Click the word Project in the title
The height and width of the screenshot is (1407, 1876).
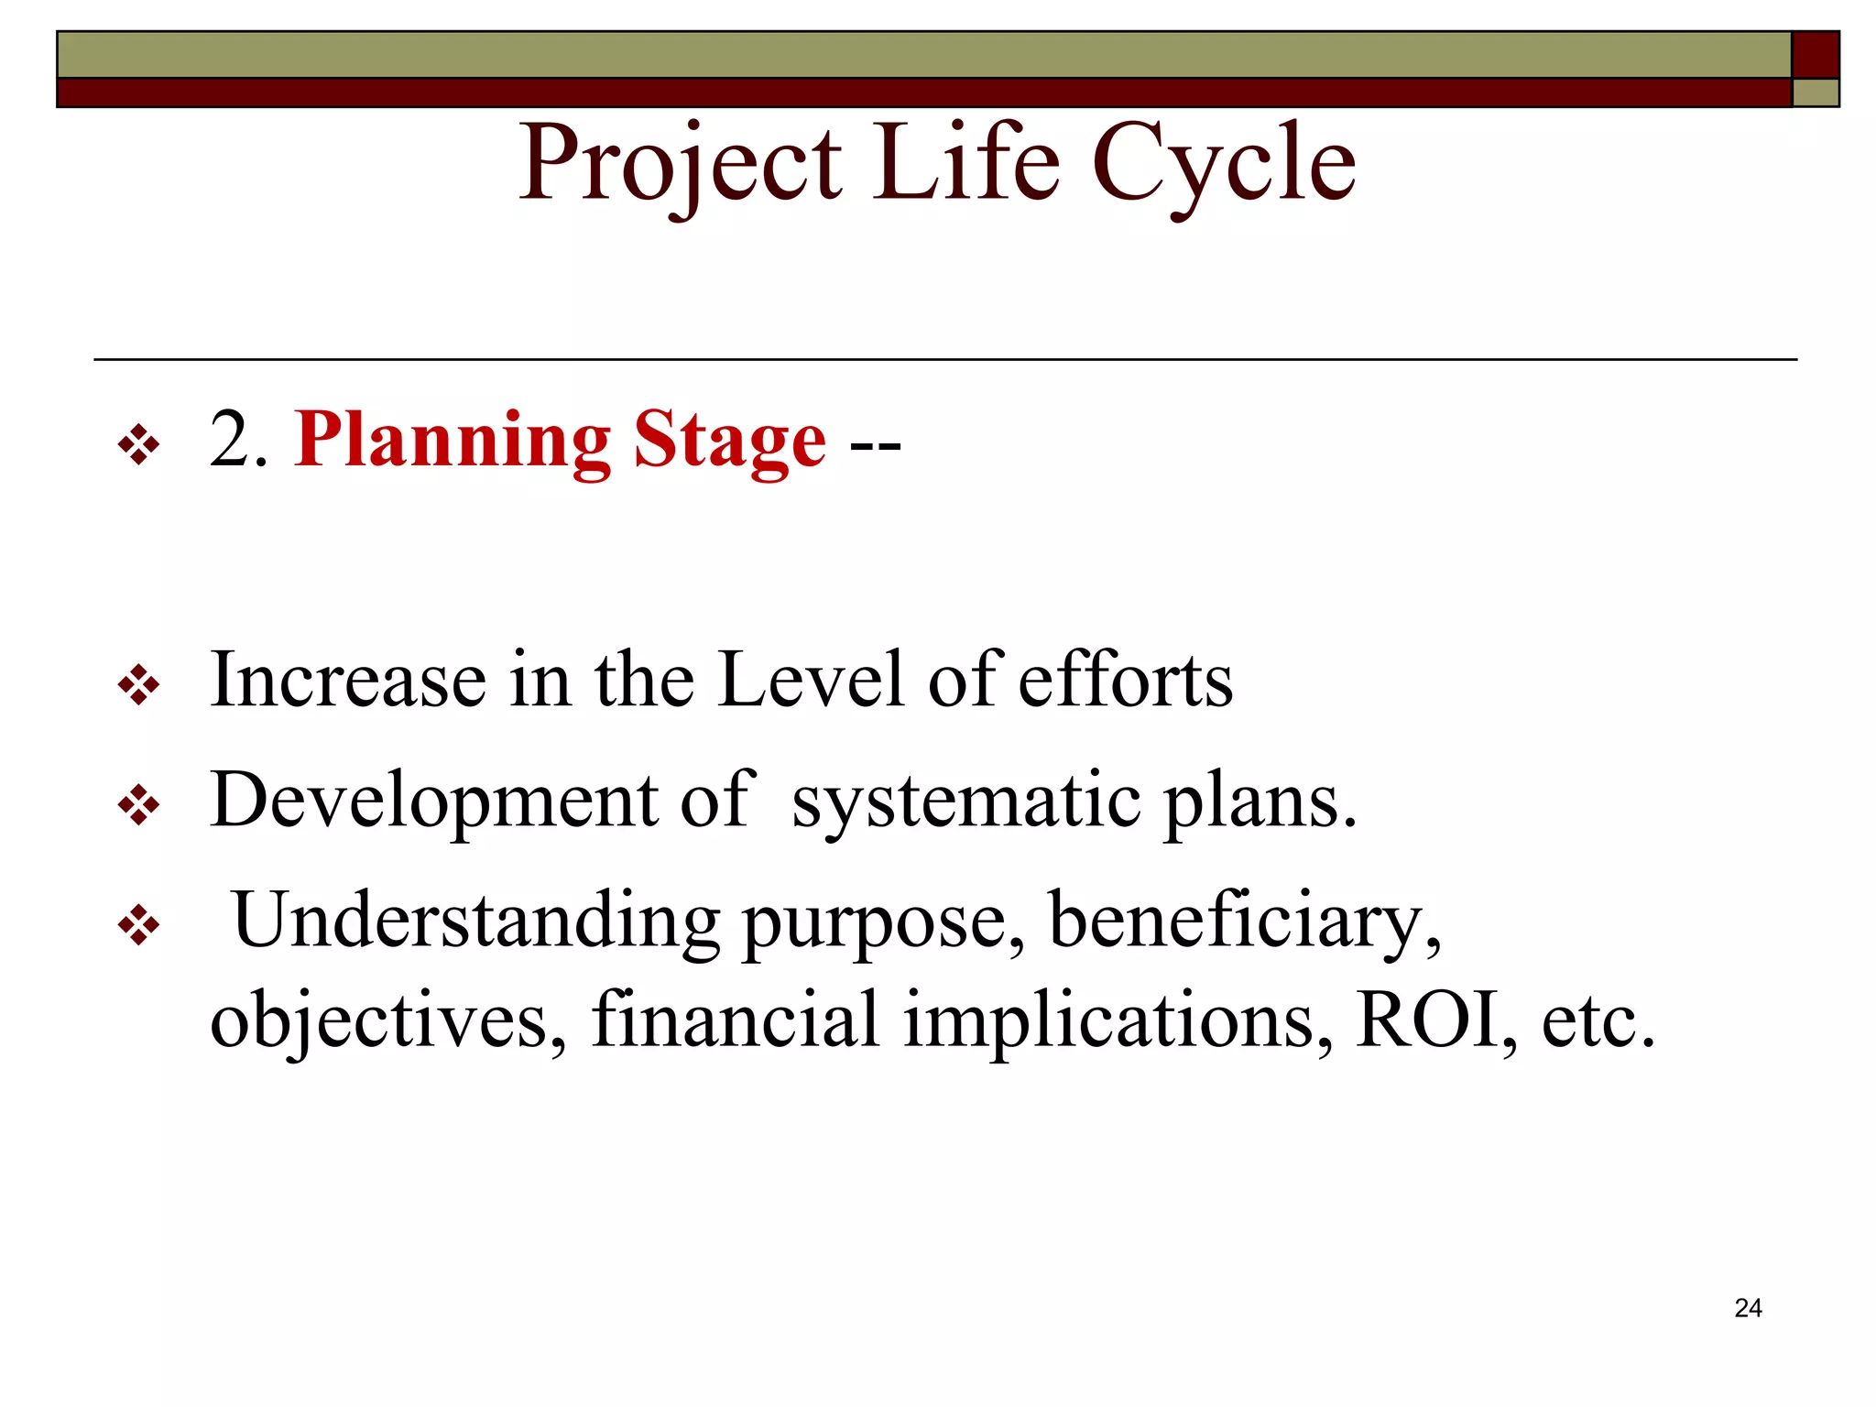[680, 165]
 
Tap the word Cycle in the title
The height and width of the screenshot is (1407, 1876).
[1224, 165]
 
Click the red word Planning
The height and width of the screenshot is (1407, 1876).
[453, 441]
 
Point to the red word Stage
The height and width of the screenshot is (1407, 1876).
[729, 441]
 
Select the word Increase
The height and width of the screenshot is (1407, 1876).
[348, 681]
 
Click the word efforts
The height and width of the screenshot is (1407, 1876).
[1126, 681]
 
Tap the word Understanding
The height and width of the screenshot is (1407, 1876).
[475, 922]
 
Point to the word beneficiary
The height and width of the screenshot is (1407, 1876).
[1244, 922]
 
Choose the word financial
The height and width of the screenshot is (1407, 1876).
[736, 1020]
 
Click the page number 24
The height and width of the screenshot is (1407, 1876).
[1748, 1308]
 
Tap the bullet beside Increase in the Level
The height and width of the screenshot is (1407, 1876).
[139, 685]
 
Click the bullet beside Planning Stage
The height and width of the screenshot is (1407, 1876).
[139, 446]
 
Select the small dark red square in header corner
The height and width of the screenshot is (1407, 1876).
[1815, 55]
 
